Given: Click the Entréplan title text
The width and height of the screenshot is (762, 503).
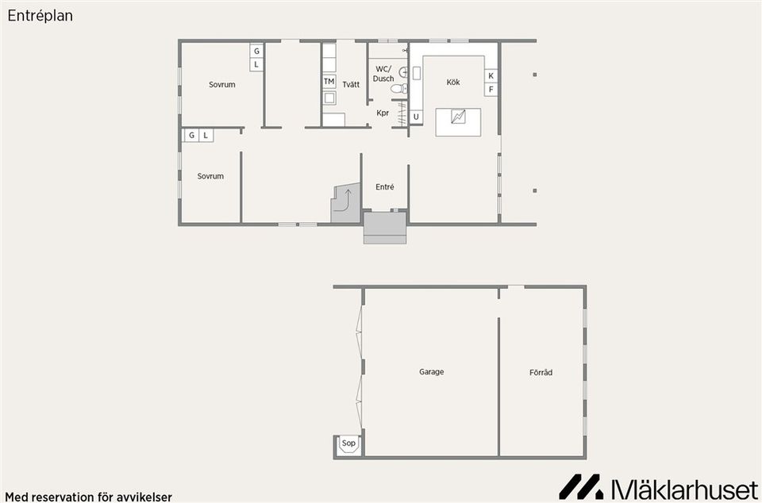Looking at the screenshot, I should pos(40,15).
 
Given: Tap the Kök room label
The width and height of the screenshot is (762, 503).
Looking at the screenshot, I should pos(453,83).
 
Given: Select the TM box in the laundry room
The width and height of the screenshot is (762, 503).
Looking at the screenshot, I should pos(329,82).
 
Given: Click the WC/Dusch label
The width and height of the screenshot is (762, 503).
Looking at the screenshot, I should pos(383,74).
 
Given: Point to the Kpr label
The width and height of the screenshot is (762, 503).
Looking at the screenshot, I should pos(383,113).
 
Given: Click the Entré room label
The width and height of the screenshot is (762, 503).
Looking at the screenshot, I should pos(384,187).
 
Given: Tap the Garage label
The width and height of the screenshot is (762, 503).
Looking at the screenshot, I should pos(432,371).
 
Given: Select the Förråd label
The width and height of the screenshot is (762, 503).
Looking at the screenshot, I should pos(541,371).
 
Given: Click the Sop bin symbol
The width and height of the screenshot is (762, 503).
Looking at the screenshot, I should pos(348,444).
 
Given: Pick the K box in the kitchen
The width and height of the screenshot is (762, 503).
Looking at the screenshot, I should pos(491,76).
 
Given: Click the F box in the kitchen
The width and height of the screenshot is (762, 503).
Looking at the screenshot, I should pos(491,90).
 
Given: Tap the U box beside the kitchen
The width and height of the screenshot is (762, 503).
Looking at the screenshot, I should pos(416,117).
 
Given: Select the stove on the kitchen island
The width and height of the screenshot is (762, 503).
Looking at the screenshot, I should pos(458,117).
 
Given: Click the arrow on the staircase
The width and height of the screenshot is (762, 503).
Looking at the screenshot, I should pos(347,196).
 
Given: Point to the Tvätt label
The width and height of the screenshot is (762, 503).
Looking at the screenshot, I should pos(351,84).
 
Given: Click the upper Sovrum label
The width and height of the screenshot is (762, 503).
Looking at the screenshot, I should pos(222,85).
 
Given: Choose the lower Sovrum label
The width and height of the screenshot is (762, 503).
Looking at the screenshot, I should pos(210,176).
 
